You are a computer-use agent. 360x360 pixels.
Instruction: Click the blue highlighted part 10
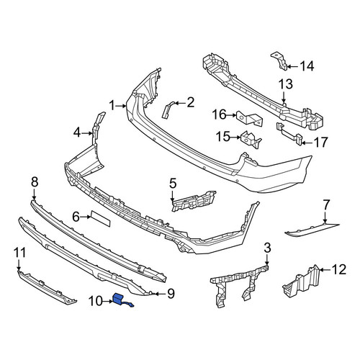[118, 299]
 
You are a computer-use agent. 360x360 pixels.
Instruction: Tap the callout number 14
[307, 66]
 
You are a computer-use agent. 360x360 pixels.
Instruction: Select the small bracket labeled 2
[167, 109]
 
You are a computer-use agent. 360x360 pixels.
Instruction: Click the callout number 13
[286, 84]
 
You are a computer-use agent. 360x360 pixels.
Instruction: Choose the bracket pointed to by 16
[250, 119]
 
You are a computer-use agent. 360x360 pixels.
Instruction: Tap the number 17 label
[320, 143]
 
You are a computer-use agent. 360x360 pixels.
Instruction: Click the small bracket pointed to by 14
[279, 61]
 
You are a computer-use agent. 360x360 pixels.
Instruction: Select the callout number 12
[339, 269]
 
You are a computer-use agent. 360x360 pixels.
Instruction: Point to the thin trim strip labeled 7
[312, 229]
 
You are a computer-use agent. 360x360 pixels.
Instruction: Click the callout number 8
[35, 182]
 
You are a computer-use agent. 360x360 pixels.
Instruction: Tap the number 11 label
[19, 253]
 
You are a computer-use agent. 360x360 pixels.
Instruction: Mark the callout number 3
[267, 248]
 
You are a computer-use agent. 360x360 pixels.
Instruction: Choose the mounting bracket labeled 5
[194, 201]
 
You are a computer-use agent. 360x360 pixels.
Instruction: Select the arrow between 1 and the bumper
[121, 105]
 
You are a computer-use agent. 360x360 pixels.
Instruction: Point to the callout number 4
[77, 132]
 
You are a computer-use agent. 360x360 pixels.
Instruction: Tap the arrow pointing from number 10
[107, 301]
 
